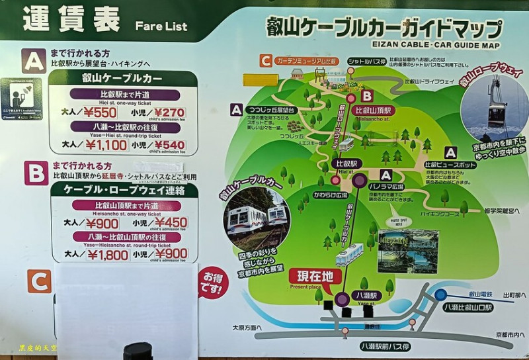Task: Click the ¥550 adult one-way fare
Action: tap(101, 113)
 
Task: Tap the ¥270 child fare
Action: tap(169, 113)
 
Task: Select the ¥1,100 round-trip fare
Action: tap(105, 144)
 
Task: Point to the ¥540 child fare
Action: tap(169, 144)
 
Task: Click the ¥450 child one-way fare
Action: tap(171, 223)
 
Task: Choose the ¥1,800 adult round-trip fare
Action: tap(106, 255)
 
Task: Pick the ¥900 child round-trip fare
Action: tap(171, 255)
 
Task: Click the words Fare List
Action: tap(161, 26)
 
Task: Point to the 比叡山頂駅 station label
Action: tap(374, 110)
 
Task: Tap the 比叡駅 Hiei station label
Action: tap(344, 163)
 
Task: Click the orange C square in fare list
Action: tap(39, 281)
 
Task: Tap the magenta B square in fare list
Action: tap(36, 173)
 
